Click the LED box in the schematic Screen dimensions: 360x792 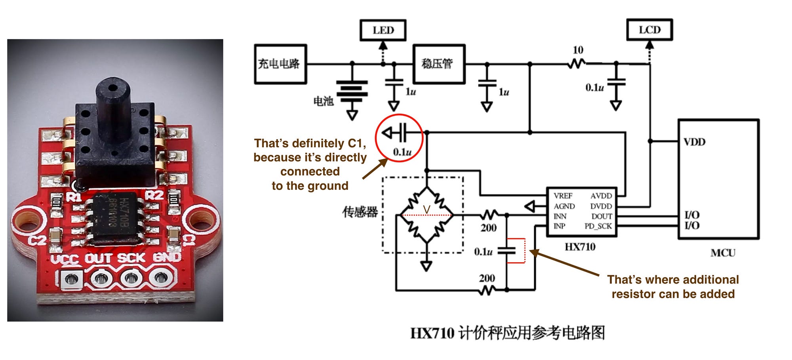point(383,30)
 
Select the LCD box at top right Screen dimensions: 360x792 point(649,30)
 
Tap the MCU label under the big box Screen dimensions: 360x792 point(723,253)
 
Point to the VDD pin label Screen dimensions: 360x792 point(694,142)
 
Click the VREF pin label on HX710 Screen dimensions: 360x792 point(563,196)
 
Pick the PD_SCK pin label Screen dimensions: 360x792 point(598,226)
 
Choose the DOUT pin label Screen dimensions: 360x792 point(602,216)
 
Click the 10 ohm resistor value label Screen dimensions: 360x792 point(578,50)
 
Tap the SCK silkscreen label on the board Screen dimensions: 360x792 point(131,258)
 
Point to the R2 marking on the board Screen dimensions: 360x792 point(154,195)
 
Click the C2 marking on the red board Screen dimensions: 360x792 point(37,240)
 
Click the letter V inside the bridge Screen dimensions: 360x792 point(426,210)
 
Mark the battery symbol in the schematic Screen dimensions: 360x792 point(352,89)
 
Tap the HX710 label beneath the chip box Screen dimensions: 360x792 point(580,247)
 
